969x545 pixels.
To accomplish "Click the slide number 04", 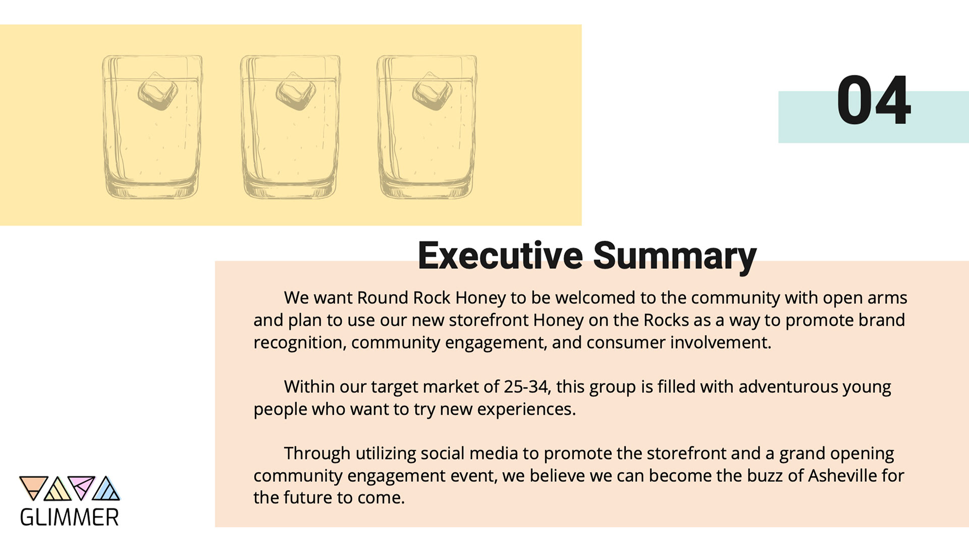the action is [x=874, y=100].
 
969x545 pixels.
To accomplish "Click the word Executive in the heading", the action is [x=500, y=255].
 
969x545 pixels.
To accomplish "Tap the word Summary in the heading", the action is [x=675, y=258].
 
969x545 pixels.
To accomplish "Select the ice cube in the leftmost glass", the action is [x=157, y=91].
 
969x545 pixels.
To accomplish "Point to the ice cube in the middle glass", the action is [x=295, y=91].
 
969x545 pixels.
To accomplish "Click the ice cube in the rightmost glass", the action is [x=432, y=91].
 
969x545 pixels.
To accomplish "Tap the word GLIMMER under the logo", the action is [x=70, y=517].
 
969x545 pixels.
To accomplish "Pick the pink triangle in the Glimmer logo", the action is [x=82, y=485].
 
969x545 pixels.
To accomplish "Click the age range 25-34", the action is [x=526, y=387].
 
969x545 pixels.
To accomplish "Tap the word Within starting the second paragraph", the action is [x=309, y=387].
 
